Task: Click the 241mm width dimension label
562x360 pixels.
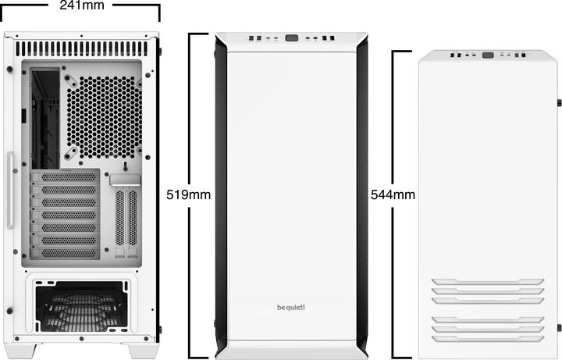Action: [81, 6]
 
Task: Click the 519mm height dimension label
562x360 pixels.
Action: [189, 194]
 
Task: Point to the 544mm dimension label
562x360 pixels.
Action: [393, 194]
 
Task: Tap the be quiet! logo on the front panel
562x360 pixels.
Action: [291, 306]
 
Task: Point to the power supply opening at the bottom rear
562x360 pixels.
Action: [81, 306]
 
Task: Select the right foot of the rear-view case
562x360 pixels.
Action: [143, 351]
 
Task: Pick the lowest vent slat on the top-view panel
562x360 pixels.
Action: [488, 338]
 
